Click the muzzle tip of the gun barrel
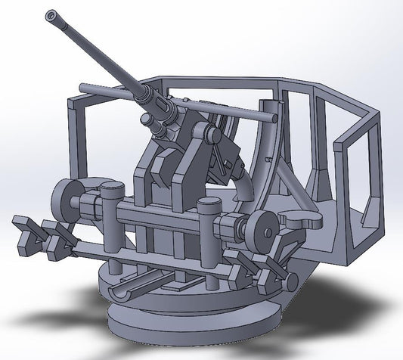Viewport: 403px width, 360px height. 51,14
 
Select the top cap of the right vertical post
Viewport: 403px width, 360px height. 206,203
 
